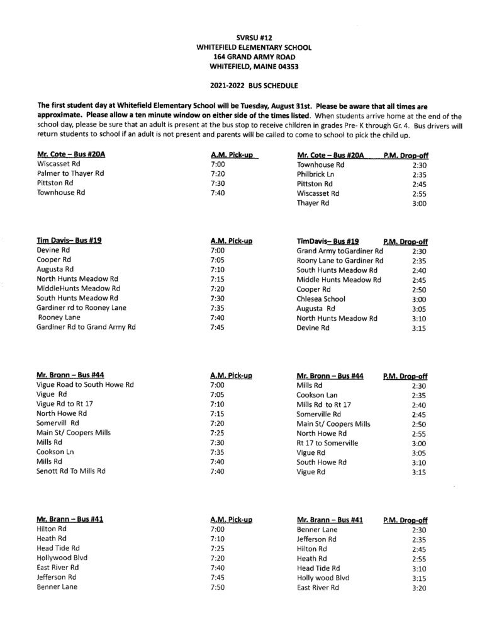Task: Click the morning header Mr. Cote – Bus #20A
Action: pyautogui.click(x=71, y=155)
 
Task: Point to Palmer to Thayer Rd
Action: pyautogui.click(x=70, y=173)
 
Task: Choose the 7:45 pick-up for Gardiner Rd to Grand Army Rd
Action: pyautogui.click(x=217, y=327)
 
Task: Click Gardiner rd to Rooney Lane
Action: pyautogui.click(x=81, y=307)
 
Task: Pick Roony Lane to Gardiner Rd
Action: pyautogui.click(x=340, y=261)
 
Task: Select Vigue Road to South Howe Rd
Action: pyautogui.click(x=85, y=385)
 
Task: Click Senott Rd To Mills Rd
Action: pyautogui.click(x=71, y=471)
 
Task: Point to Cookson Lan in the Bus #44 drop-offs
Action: pyautogui.click(x=318, y=395)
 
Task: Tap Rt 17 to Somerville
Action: pyautogui.click(x=327, y=443)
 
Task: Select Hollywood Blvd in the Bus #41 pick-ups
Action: pyautogui.click(x=62, y=558)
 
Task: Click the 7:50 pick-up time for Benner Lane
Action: pyautogui.click(x=217, y=587)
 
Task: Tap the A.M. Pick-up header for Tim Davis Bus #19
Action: pyautogui.click(x=232, y=241)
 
